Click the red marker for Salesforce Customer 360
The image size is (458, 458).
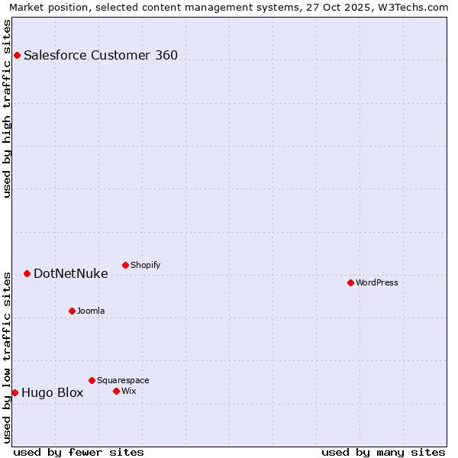tap(17, 55)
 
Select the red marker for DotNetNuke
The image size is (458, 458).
tap(27, 273)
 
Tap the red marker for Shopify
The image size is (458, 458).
tap(125, 265)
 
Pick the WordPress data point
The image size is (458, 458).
tap(350, 282)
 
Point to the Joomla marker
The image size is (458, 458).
tap(72, 311)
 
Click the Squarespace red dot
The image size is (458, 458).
tap(92, 380)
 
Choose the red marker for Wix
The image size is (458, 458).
tap(116, 391)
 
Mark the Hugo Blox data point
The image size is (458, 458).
tap(15, 392)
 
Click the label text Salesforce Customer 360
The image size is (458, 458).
tap(101, 55)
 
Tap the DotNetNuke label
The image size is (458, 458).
tap(70, 273)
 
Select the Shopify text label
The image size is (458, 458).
tap(145, 265)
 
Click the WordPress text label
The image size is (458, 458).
tap(377, 282)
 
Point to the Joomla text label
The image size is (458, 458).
tap(91, 311)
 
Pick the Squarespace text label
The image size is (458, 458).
tap(123, 380)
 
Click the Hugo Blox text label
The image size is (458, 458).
tap(52, 393)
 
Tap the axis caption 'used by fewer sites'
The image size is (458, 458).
tap(79, 452)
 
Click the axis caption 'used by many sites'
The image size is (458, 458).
tap(383, 452)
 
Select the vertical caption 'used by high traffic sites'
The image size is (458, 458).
tap(7, 108)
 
